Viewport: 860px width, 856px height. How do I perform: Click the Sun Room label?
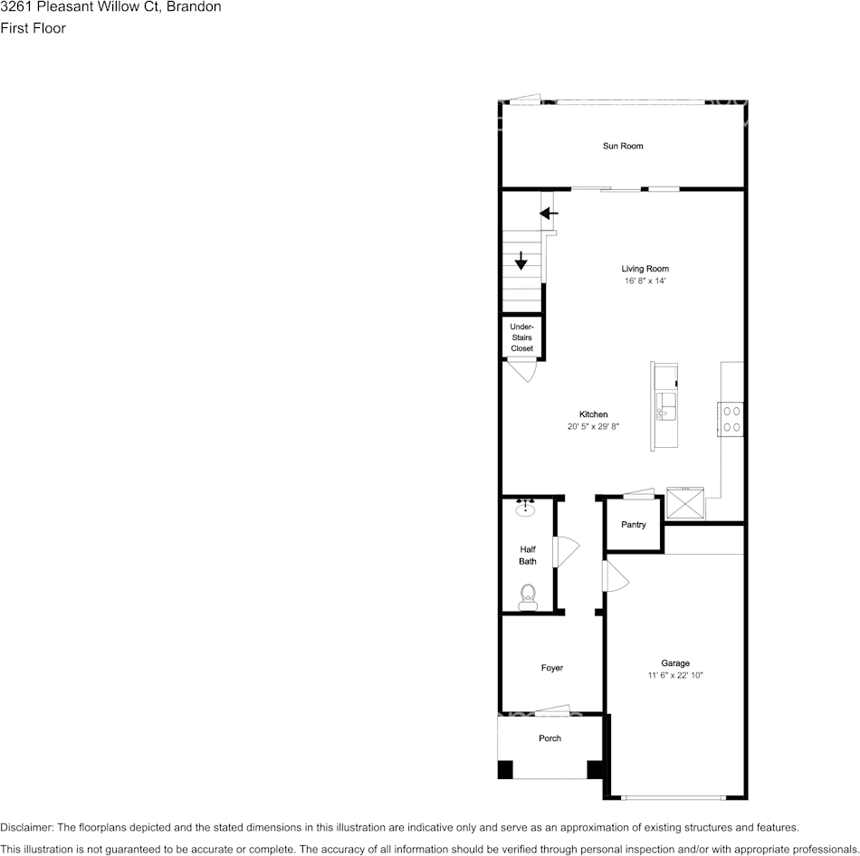coord(623,146)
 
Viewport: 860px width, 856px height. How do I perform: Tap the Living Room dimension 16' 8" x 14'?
coord(645,281)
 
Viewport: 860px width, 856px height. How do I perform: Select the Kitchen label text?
coord(593,414)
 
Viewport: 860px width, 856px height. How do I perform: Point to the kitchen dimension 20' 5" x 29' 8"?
coord(593,426)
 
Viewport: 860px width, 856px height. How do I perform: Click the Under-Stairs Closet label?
coord(521,338)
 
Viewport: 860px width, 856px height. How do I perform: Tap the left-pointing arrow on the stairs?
coord(549,214)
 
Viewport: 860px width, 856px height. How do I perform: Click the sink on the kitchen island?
coord(666,405)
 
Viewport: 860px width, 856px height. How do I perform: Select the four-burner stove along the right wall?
coord(731,419)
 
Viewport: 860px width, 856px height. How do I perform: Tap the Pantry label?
coord(633,525)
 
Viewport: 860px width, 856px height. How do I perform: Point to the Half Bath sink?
coord(525,508)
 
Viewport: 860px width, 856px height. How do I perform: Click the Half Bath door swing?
coord(565,553)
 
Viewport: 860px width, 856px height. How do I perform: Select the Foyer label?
coord(551,669)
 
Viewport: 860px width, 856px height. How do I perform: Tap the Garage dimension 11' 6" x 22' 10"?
coord(674,676)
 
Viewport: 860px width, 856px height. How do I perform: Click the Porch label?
coord(549,738)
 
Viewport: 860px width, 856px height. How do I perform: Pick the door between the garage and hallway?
coord(616,576)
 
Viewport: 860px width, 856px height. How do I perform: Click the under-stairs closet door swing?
coord(521,370)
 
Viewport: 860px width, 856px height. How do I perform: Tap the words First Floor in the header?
coord(33,28)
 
